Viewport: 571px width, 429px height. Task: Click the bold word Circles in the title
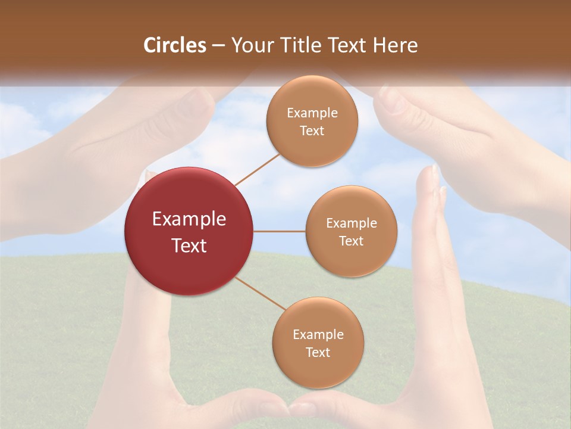(174, 45)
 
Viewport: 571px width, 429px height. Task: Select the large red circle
(189, 231)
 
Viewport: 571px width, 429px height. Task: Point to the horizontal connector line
(280, 231)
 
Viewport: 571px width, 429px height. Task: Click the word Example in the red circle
(189, 219)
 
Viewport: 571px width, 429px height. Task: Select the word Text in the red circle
(189, 245)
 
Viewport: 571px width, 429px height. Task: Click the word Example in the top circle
(312, 113)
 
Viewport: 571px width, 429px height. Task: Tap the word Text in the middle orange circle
(351, 241)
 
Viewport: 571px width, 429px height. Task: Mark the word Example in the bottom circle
(318, 334)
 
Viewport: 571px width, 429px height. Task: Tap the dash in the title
(218, 46)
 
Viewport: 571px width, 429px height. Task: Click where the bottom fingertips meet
(290, 408)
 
